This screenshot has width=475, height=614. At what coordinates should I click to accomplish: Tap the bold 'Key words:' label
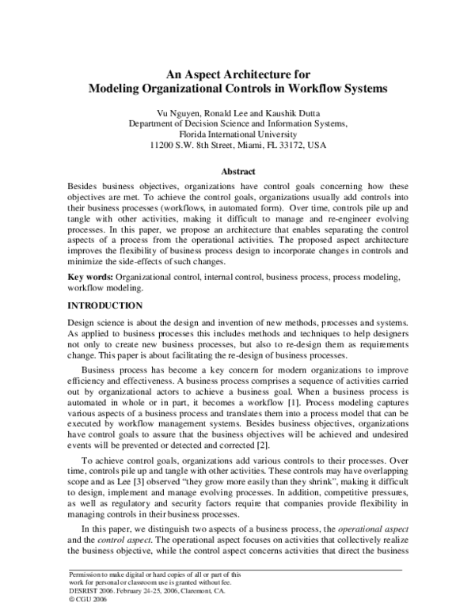pos(91,278)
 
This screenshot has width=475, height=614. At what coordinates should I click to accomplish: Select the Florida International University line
pos(237,135)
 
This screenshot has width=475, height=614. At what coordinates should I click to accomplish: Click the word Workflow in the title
pos(307,89)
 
